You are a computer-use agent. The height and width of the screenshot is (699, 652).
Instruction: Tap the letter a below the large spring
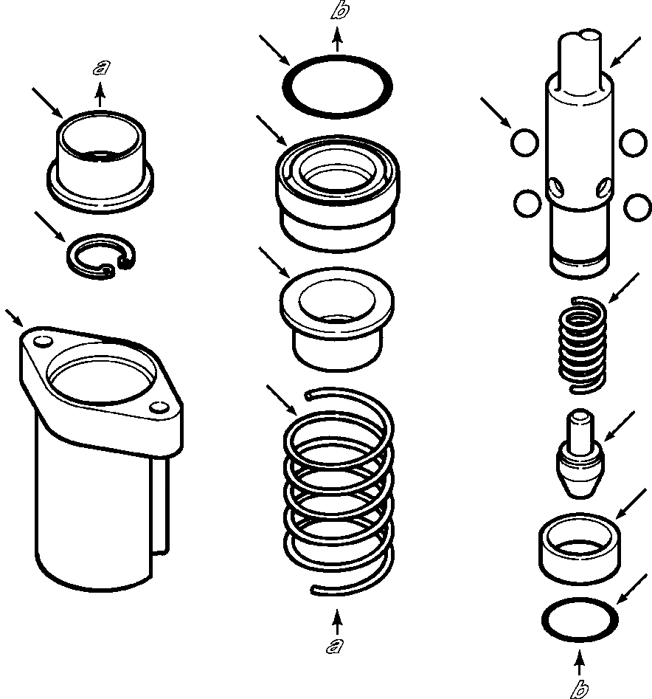[x=336, y=647]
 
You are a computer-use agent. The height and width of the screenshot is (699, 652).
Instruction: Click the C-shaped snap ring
[x=101, y=258]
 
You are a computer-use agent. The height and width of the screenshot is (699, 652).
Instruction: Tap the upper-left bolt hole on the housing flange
[x=42, y=340]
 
